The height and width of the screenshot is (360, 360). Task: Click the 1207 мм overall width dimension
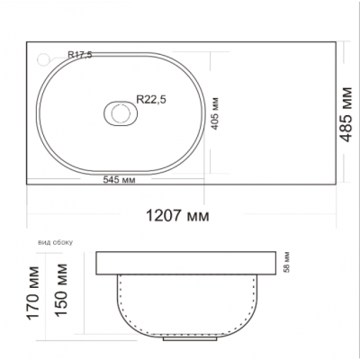[177, 215]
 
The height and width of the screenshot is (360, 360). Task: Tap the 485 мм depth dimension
[346, 114]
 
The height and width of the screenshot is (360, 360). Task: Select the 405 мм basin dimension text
[215, 113]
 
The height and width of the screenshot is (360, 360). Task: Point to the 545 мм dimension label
[119, 180]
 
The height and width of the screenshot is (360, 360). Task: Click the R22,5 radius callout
[151, 99]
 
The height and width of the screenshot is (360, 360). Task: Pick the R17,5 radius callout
[80, 55]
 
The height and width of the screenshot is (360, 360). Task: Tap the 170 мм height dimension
[33, 292]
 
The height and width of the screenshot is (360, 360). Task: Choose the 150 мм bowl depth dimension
[61, 290]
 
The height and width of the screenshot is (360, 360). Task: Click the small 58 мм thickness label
[287, 263]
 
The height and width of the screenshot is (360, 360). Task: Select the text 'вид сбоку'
[55, 242]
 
